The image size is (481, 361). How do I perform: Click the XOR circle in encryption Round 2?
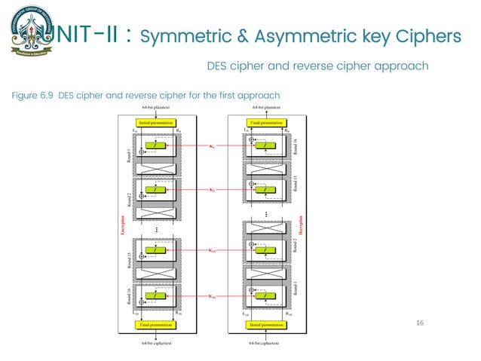click(140, 197)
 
